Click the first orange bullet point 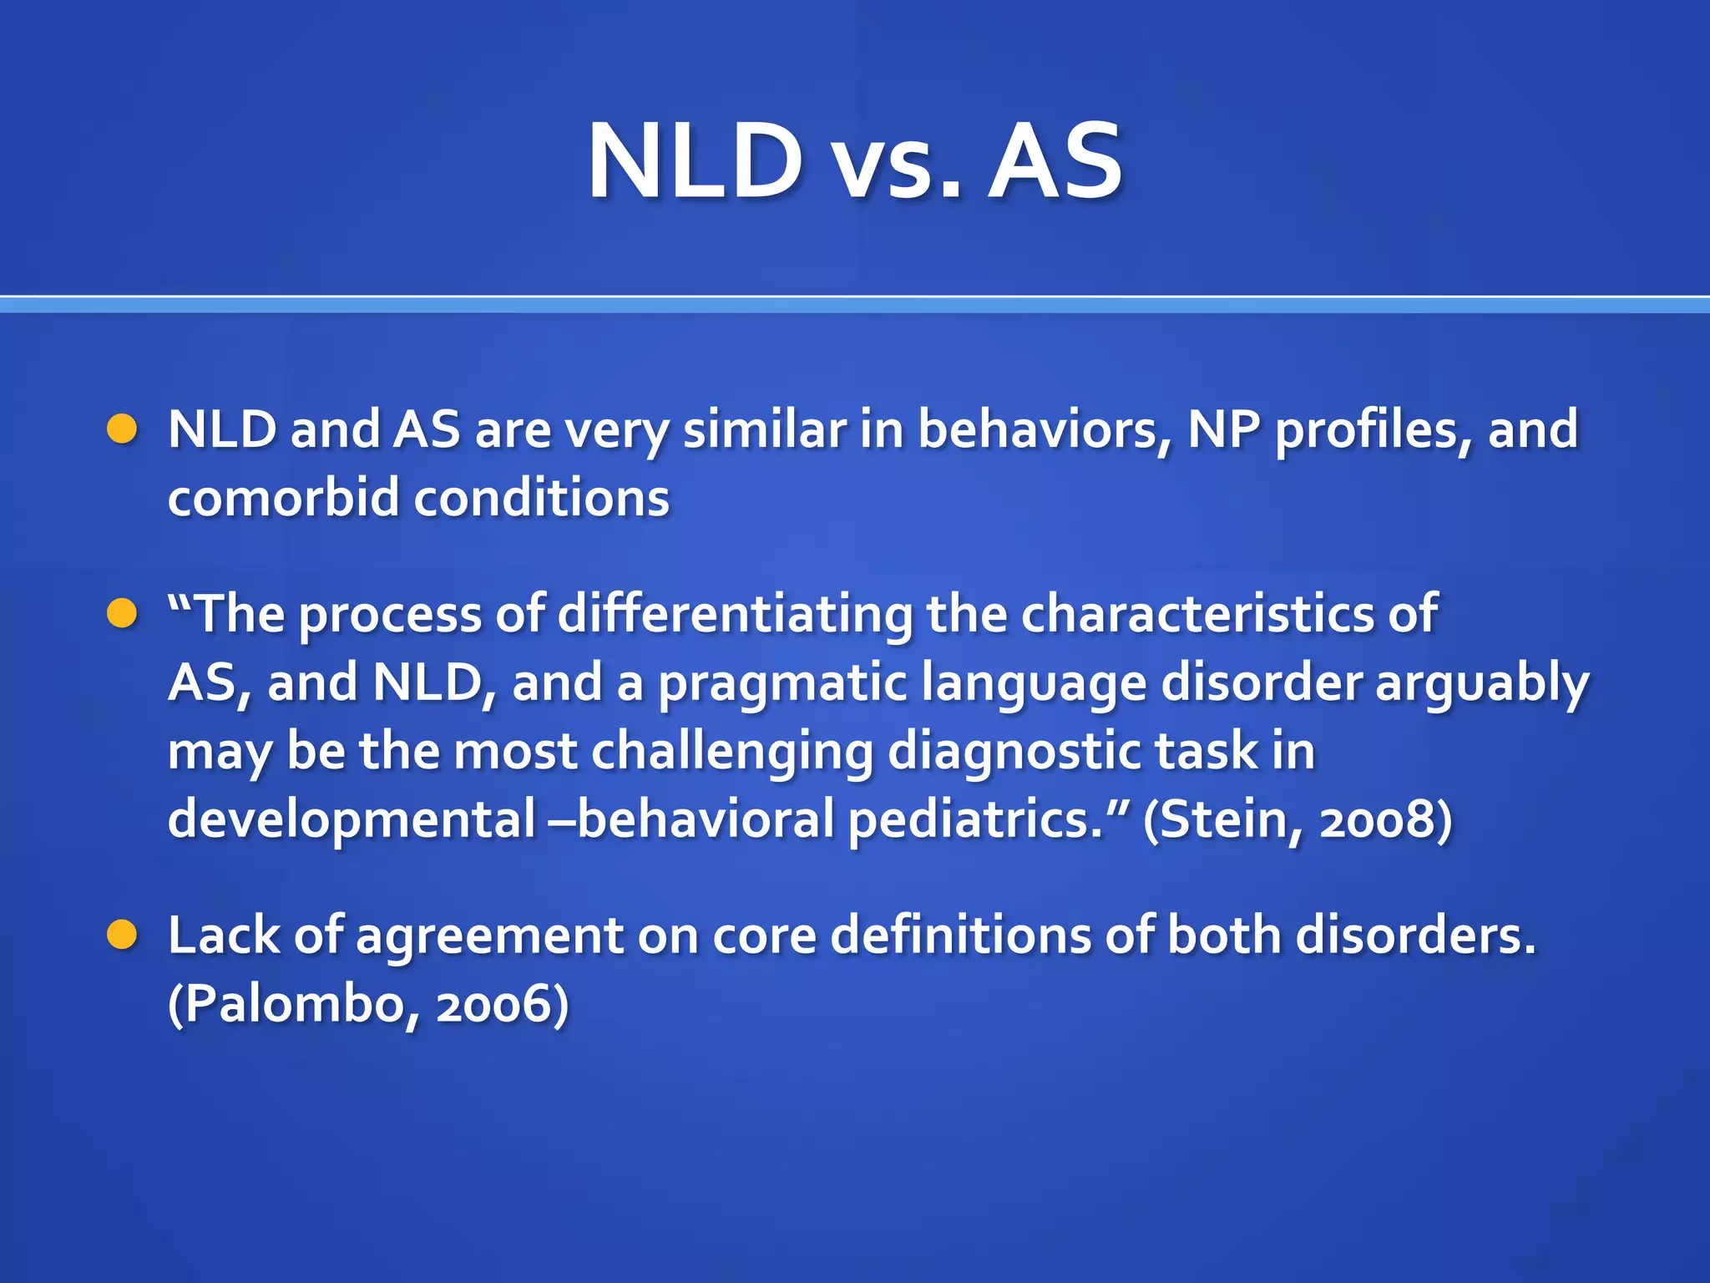coord(122,429)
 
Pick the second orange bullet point coord(122,614)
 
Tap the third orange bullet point coord(122,935)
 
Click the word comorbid coord(284,499)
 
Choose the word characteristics coord(1196,614)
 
